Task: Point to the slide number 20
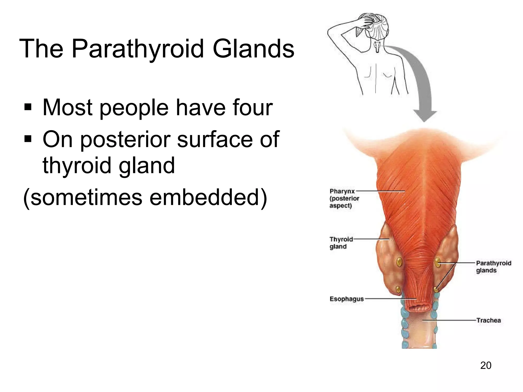[x=485, y=365]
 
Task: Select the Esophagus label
[x=346, y=299]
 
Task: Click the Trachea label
[x=488, y=320]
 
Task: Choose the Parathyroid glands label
[x=493, y=267]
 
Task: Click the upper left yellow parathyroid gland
[x=399, y=262]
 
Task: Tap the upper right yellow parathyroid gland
[x=438, y=262]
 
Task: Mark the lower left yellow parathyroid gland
[x=398, y=289]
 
